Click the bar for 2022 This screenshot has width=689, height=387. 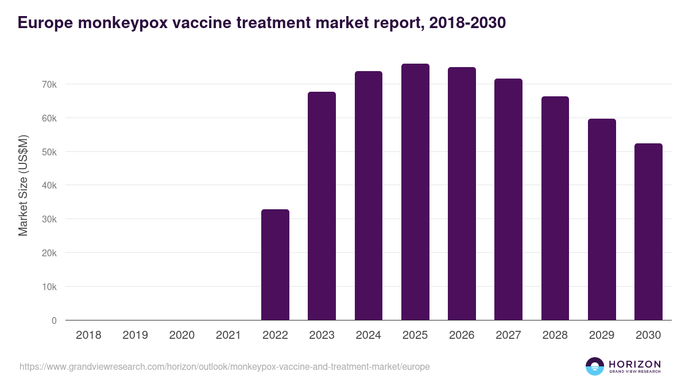coord(275,265)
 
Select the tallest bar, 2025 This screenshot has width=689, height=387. coord(415,192)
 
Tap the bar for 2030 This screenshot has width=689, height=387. coord(648,232)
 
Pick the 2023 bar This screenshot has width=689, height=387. coord(322,206)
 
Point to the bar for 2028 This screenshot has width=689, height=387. coord(555,208)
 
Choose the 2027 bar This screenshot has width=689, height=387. coord(508,199)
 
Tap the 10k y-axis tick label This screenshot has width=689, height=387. coord(49,287)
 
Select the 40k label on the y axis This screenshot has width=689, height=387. coord(49,185)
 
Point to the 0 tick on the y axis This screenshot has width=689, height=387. coord(54,320)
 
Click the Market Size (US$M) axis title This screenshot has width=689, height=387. coord(23,185)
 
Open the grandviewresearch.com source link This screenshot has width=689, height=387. coord(224,366)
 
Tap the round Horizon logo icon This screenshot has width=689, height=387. coord(595,366)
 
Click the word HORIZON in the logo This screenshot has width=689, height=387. coord(634,363)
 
